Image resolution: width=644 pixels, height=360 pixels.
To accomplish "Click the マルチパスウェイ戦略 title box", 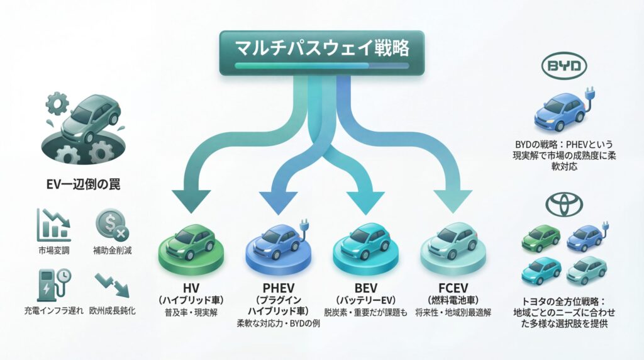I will (322, 52).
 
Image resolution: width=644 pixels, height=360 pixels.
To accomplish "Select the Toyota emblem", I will (563, 203).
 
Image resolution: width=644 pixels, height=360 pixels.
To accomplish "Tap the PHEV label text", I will (276, 283).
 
